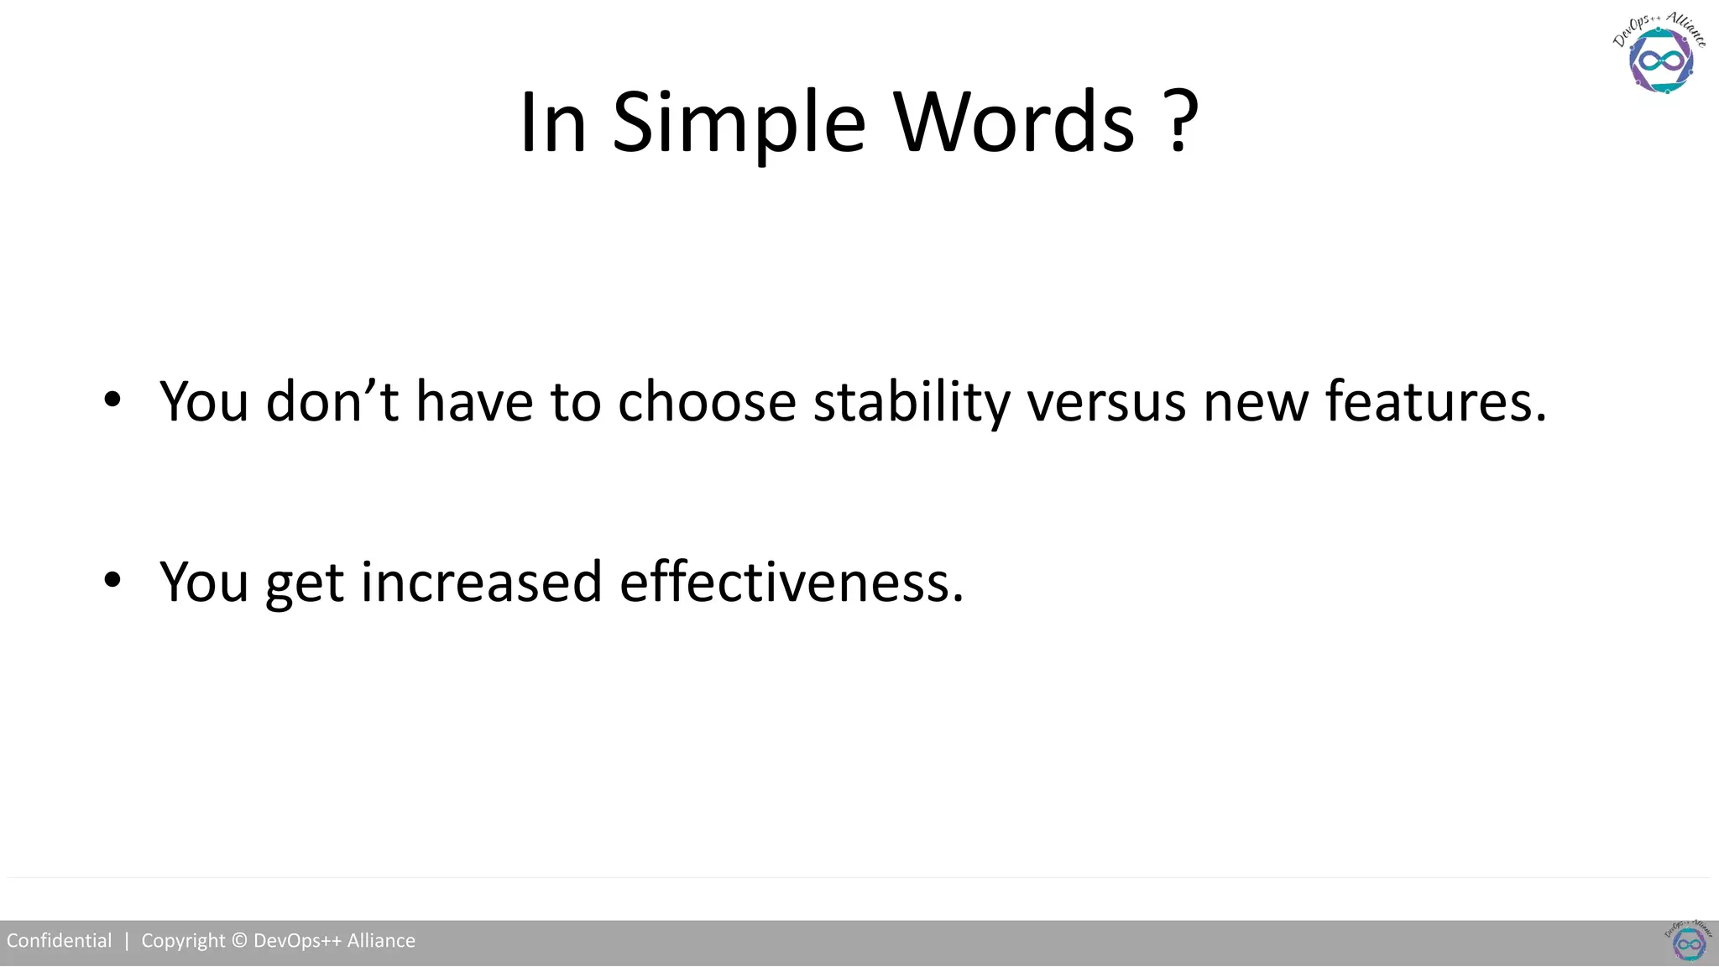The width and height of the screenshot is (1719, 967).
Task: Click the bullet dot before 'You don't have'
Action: [x=112, y=400]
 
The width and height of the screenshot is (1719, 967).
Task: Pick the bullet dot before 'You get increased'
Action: [x=112, y=580]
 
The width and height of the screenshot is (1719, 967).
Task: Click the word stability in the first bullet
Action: [x=912, y=401]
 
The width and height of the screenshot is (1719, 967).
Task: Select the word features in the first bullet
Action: [x=1435, y=401]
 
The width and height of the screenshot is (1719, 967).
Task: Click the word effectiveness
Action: [x=792, y=582]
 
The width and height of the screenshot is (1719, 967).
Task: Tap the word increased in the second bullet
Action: [x=482, y=582]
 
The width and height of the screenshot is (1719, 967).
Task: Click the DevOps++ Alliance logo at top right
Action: [x=1660, y=55]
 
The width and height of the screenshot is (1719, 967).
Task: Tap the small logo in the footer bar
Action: [x=1689, y=943]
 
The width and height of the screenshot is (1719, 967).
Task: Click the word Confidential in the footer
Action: [x=59, y=941]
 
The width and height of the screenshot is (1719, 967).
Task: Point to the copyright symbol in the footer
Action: [x=239, y=941]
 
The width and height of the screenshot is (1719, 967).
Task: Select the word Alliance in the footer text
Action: [x=381, y=941]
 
